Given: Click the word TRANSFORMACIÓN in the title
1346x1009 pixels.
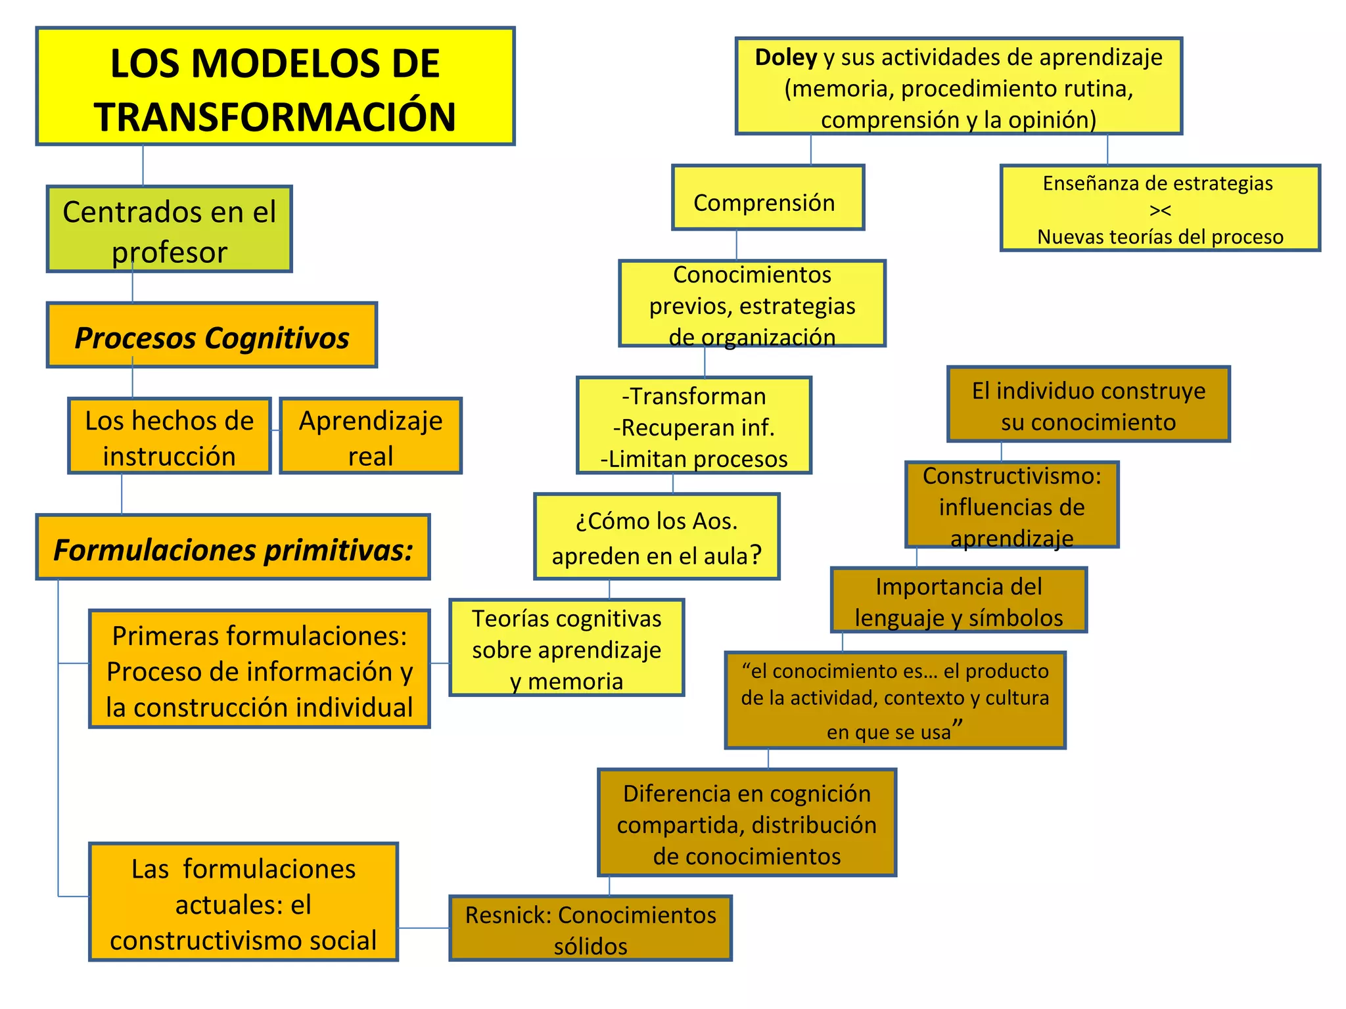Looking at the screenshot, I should click(275, 117).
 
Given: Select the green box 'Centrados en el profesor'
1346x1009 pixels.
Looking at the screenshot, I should click(169, 229).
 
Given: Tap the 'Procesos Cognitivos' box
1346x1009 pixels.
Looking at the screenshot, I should click(212, 336).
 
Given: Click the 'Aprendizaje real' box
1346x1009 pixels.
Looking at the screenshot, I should click(371, 436).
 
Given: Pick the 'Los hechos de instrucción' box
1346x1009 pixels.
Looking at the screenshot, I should click(170, 436).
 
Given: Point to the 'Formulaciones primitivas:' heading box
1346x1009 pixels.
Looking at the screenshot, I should click(233, 548).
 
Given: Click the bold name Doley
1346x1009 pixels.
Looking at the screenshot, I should click(785, 58).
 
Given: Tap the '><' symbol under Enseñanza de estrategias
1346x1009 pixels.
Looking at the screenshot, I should click(1160, 210).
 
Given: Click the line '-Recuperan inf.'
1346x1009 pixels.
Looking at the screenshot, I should click(694, 428).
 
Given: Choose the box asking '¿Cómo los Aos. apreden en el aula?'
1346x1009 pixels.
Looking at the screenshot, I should click(657, 537).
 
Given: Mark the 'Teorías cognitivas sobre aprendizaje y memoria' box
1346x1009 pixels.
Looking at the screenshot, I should click(567, 648).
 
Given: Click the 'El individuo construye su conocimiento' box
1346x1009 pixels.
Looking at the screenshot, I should click(1088, 405).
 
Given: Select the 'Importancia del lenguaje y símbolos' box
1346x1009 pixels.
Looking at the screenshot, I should click(959, 600).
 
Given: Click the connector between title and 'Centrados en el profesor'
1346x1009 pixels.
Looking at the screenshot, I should click(143, 166).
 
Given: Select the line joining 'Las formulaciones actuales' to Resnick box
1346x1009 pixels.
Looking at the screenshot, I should click(424, 928).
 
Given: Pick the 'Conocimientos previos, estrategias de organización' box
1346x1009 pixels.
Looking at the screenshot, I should click(752, 304).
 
